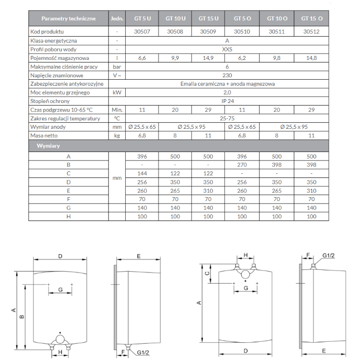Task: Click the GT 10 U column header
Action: pos(175,18)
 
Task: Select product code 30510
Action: pos(242,32)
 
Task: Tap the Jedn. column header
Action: pos(117,18)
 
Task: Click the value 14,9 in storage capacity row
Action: pos(208,58)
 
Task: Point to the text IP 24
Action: pos(228,101)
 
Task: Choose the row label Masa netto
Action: pos(44,136)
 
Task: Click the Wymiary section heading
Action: pos(48,146)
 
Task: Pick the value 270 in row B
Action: pos(242,165)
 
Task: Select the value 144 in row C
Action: pos(142,173)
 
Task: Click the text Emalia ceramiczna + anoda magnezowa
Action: pos(228,84)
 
